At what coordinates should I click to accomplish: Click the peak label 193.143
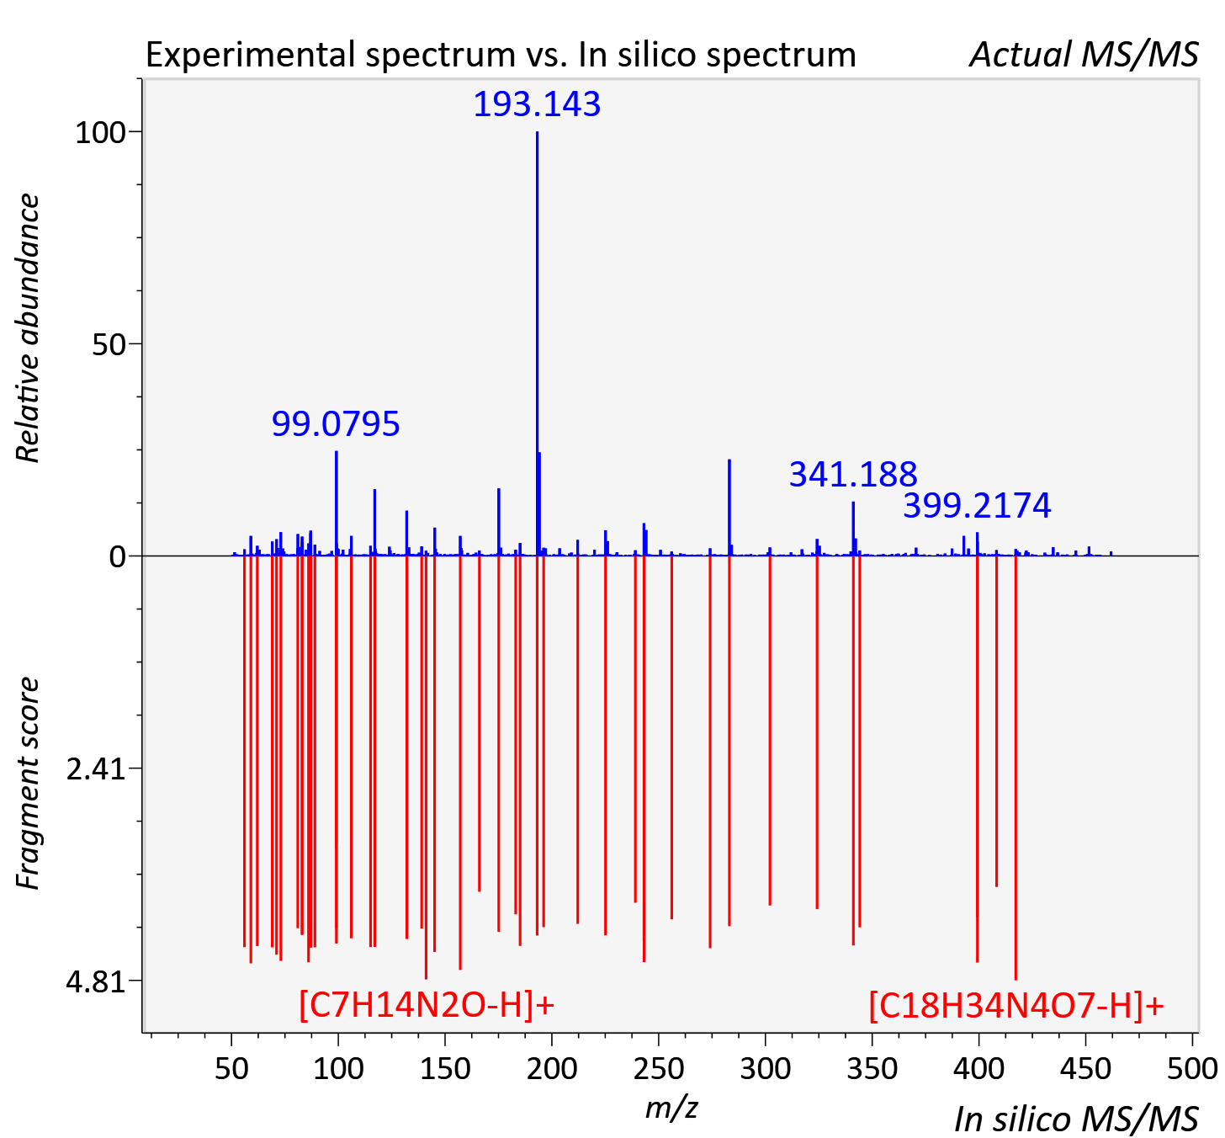537,104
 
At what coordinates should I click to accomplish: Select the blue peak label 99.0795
336,424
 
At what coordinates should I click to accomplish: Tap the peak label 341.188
853,475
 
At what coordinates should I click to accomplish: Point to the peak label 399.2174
977,506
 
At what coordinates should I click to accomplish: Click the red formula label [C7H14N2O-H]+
427,1005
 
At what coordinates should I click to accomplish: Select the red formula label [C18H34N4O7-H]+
1016,1005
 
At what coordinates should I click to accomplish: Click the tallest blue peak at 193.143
538,343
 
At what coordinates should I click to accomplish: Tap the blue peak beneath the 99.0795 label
337,503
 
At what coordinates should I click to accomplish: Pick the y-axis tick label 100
100,133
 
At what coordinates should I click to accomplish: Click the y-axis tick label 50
109,345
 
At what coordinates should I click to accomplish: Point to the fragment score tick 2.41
96,769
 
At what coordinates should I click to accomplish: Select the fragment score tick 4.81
96,981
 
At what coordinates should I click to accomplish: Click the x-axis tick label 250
659,1068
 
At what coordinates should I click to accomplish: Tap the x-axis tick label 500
1191,1068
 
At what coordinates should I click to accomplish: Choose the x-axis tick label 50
232,1068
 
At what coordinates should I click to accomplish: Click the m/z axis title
671,1109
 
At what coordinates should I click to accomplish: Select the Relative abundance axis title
28,328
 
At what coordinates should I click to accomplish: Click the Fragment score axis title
28,783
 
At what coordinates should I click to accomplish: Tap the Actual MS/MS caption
1084,55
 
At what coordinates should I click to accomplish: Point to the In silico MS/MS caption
1076,1119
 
